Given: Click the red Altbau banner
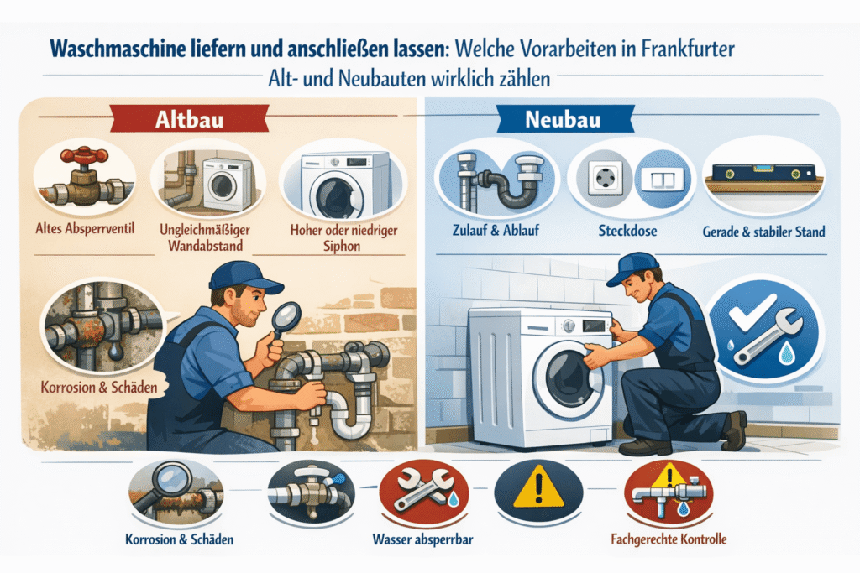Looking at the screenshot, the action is tap(190, 119).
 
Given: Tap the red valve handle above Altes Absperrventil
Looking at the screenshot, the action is tap(84, 155).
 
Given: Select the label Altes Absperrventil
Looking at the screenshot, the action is tap(85, 228).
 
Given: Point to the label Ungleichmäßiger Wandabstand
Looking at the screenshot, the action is tap(205, 237).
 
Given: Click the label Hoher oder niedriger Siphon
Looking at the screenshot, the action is tap(343, 237).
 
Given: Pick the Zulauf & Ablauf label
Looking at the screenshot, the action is tap(496, 230).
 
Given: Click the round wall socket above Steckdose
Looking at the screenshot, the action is tap(605, 178).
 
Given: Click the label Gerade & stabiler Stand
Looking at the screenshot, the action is tap(764, 232).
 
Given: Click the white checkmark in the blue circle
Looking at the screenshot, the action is tap(752, 311).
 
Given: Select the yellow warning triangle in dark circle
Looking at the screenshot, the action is tap(538, 487).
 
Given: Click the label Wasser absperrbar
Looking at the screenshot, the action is tap(423, 539).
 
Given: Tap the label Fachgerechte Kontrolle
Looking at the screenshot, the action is tap(669, 539).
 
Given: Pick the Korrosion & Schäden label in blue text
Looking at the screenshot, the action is tap(180, 539).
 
